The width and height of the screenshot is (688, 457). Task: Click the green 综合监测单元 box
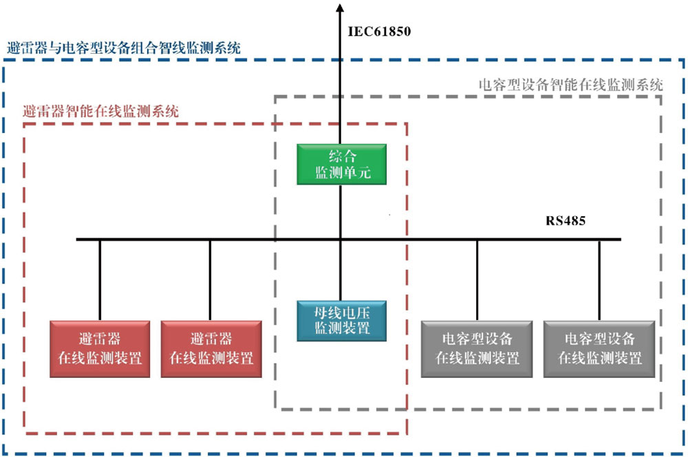[342, 164]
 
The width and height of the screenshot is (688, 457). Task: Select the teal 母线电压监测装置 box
[342, 321]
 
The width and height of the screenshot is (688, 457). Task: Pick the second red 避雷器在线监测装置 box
[211, 348]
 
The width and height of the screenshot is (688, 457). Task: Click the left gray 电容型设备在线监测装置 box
[477, 348]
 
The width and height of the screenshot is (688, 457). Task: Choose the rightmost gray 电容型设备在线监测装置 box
[599, 348]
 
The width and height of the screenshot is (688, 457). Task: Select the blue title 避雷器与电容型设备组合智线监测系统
[124, 48]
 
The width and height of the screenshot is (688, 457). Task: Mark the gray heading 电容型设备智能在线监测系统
[570, 85]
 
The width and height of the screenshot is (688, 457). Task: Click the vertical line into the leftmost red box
[100, 279]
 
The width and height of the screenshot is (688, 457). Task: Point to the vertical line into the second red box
[210, 279]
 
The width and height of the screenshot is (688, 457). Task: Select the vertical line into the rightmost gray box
[599, 279]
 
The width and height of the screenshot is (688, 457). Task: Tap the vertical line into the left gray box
[477, 279]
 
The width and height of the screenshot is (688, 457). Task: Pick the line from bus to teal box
[341, 270]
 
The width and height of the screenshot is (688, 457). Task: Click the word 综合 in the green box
[342, 156]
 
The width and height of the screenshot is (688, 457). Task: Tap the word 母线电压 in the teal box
[342, 312]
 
